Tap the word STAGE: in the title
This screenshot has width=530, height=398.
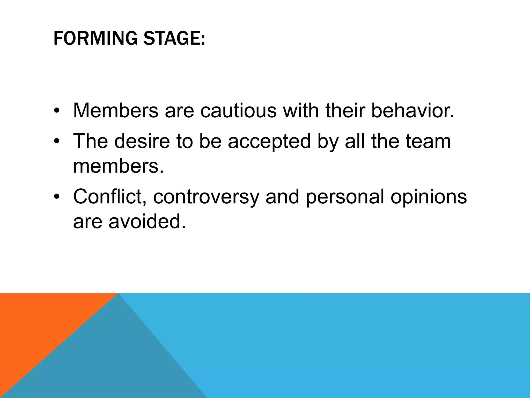(x=174, y=38)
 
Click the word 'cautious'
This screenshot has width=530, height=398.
(x=238, y=111)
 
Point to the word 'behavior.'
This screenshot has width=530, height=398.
(x=413, y=111)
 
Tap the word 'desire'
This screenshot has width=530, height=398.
(x=142, y=141)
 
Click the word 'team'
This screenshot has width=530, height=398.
(x=428, y=141)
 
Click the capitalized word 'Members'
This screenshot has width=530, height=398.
(x=116, y=111)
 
